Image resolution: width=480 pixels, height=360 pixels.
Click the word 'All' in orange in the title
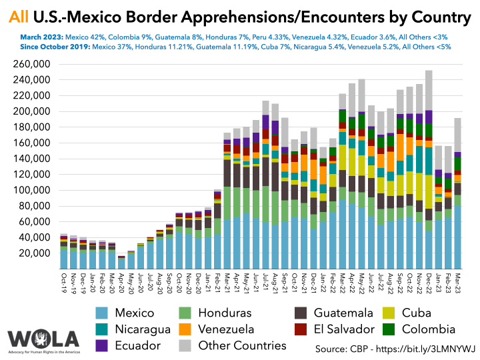[20, 15]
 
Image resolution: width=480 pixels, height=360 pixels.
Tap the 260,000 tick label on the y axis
[32, 64]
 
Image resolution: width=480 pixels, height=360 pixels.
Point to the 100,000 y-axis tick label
[32, 190]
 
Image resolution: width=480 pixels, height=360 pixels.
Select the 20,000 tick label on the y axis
[35, 253]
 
